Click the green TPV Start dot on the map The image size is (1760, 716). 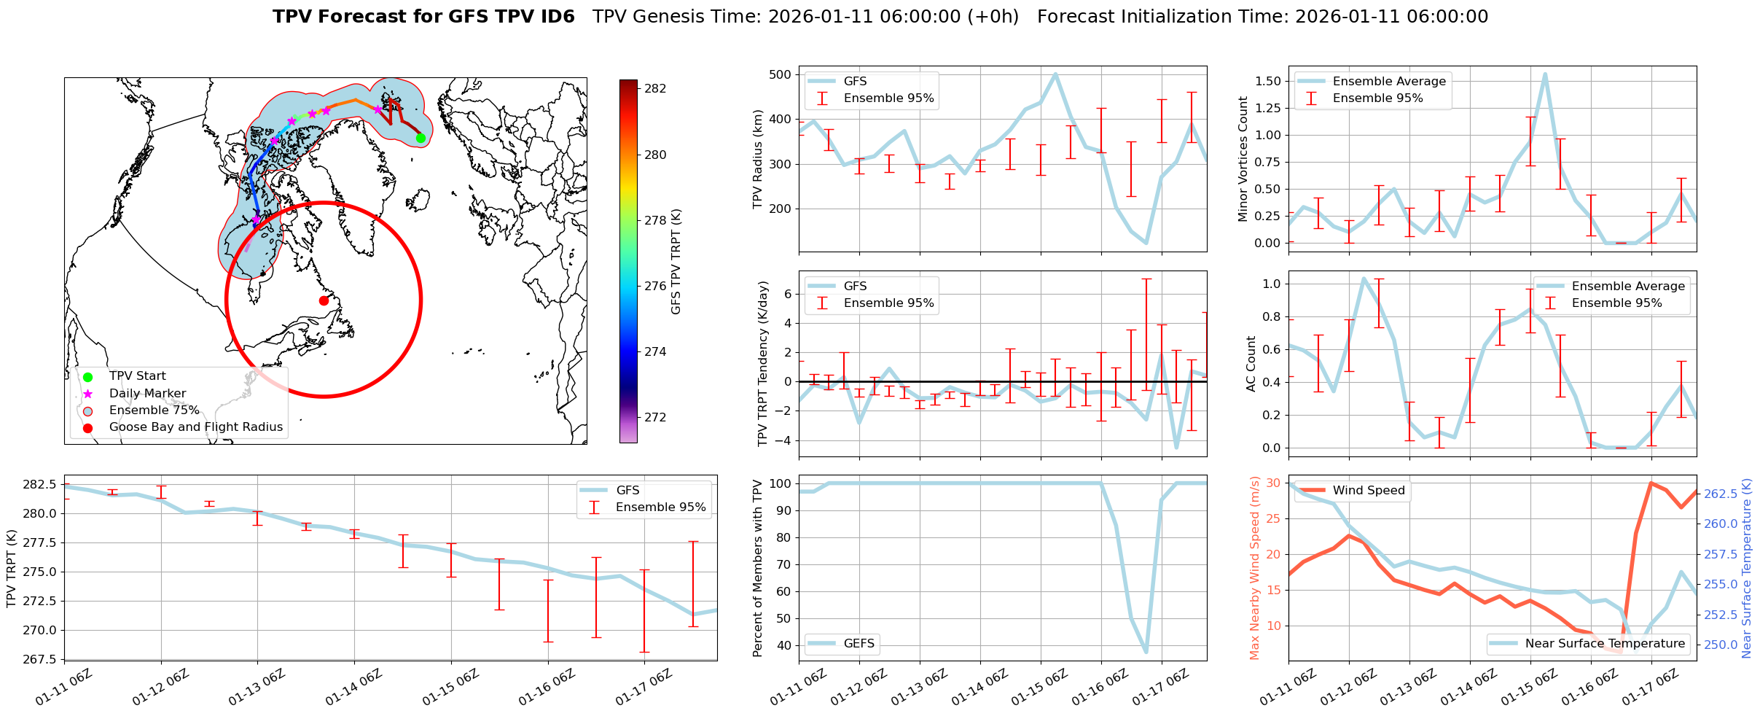(421, 138)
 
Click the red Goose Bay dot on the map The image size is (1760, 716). (324, 300)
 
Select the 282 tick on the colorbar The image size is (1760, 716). (655, 89)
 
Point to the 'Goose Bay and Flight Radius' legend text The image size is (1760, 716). (195, 427)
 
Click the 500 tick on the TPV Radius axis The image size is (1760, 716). (781, 74)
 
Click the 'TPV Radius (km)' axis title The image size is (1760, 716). (758, 159)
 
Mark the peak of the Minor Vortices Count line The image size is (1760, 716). (1545, 74)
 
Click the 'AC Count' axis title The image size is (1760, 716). (1251, 364)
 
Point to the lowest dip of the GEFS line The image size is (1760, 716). (1146, 652)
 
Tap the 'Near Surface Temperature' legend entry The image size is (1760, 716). (1604, 643)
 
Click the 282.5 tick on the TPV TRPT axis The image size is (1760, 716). (42, 485)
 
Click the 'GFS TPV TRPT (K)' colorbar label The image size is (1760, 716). (676, 261)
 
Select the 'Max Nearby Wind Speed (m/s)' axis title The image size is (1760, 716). (1255, 568)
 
